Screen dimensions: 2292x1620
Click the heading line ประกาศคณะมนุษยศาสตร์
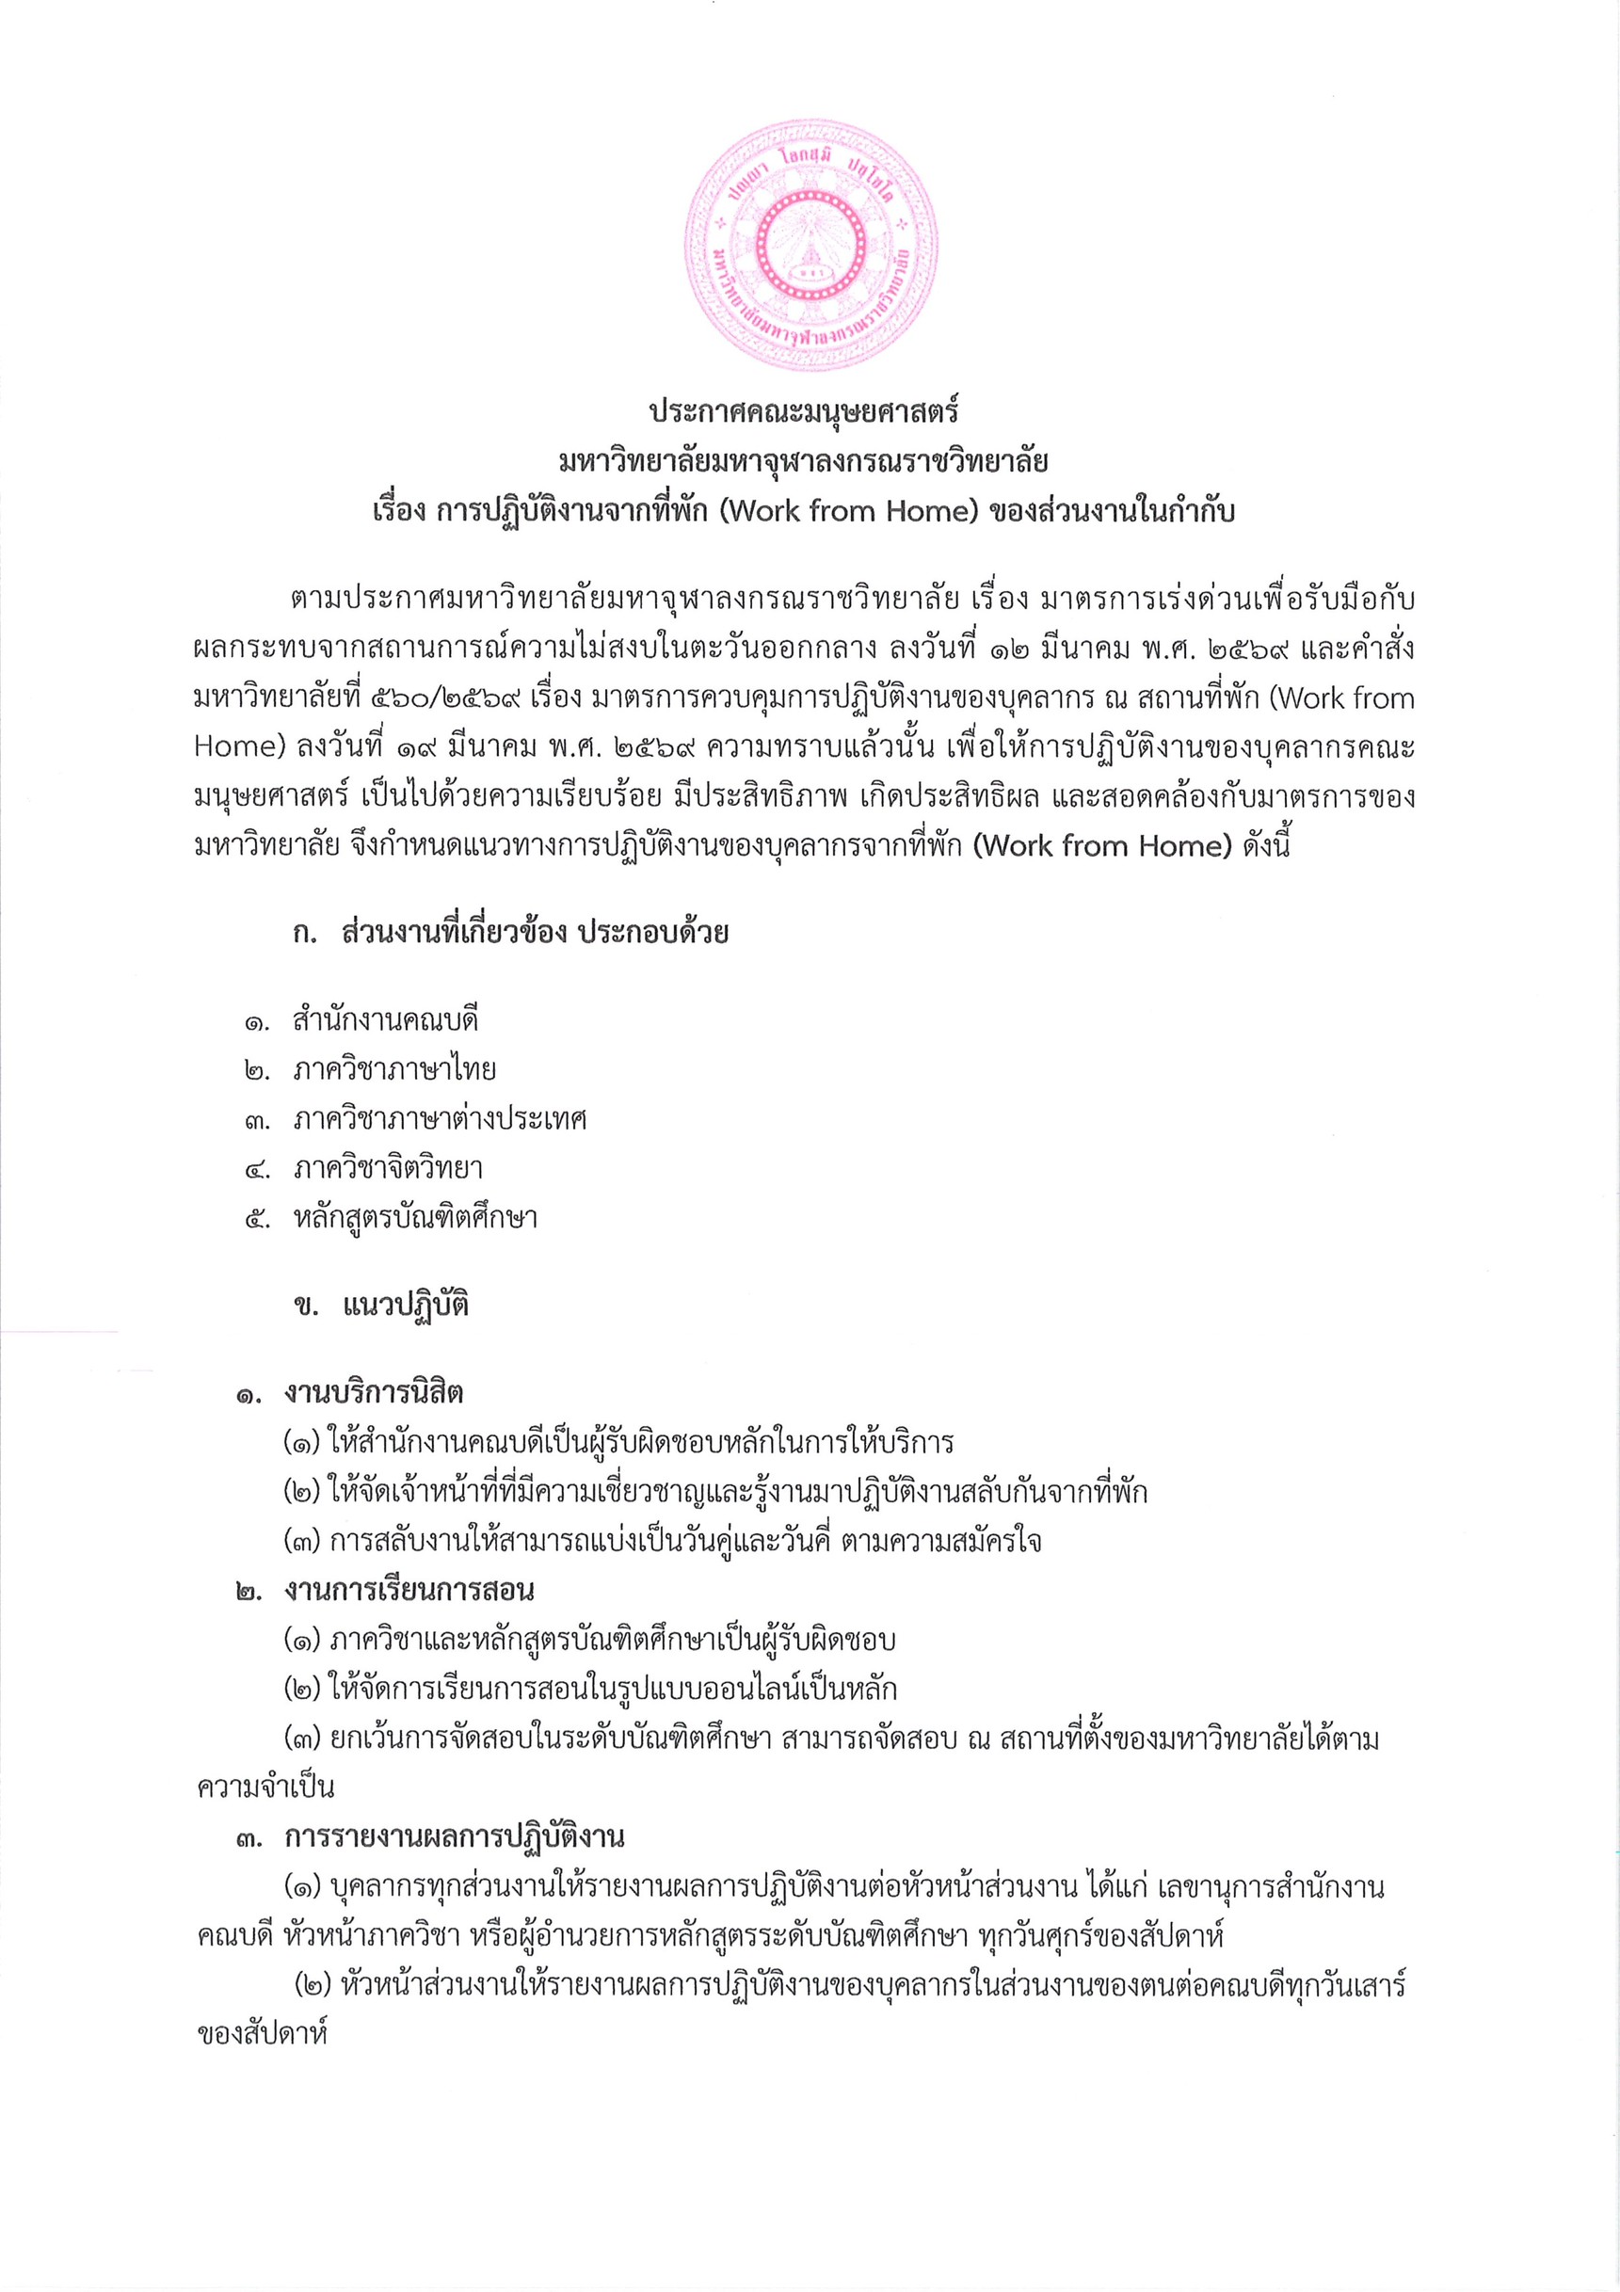(x=804, y=411)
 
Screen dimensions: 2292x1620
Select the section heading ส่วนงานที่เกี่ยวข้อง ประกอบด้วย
(x=535, y=934)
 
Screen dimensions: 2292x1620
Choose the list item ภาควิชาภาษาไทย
(x=394, y=1070)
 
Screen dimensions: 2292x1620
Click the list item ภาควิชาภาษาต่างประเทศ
(x=440, y=1119)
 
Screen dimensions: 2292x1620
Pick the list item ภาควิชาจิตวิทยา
(x=388, y=1168)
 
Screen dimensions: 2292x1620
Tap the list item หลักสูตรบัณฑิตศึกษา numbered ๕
(x=415, y=1218)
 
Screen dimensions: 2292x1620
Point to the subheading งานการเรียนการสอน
(x=409, y=1589)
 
